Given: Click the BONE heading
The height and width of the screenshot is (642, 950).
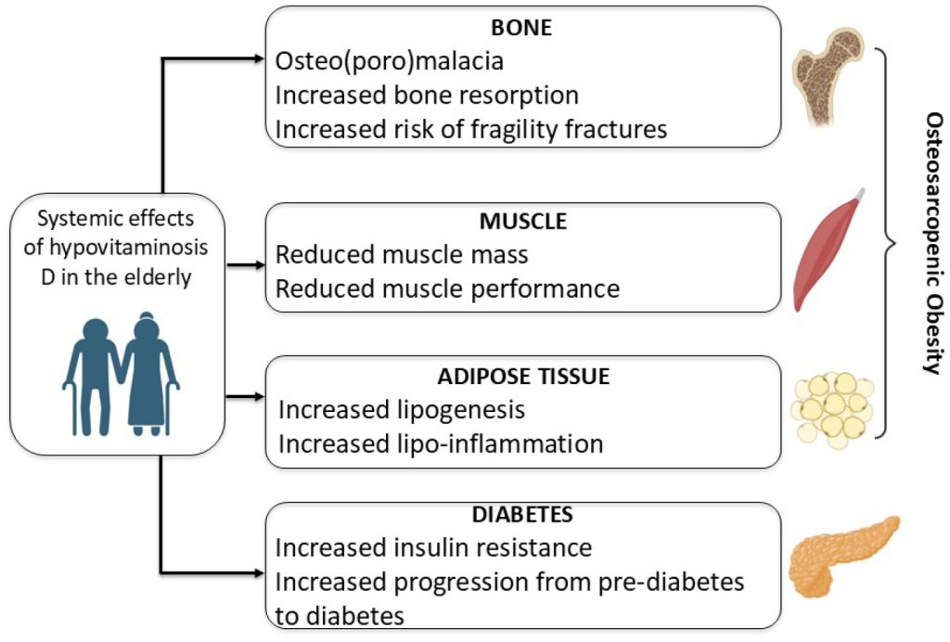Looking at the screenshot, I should tap(522, 27).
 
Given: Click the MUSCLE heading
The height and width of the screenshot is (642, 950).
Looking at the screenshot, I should tap(522, 222).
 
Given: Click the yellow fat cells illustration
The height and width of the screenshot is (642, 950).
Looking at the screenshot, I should tap(831, 405).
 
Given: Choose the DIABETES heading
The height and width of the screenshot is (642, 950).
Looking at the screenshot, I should tap(522, 514).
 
